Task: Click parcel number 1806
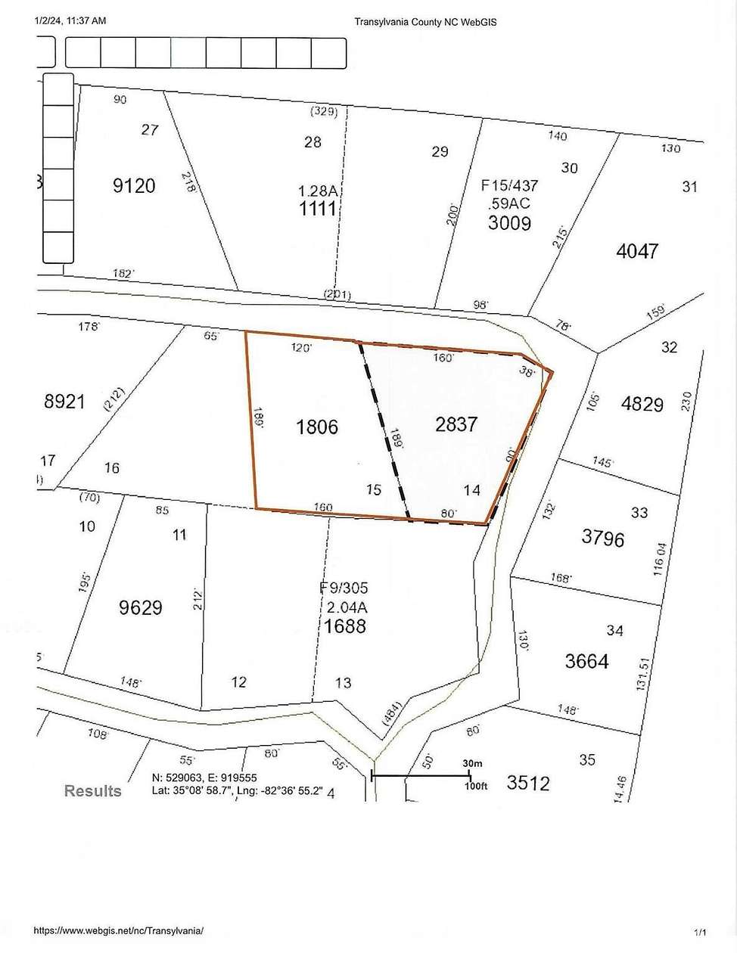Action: pos(317,427)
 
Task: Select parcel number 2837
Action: pos(456,424)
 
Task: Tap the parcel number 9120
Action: pos(134,185)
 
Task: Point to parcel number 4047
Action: pos(637,250)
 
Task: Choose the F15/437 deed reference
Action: pos(508,184)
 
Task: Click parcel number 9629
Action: pos(141,607)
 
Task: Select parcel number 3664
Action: pos(586,661)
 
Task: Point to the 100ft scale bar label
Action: pos(476,787)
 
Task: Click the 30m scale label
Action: pos(473,764)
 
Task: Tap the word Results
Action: pos(92,791)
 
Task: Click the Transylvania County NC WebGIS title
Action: pos(425,22)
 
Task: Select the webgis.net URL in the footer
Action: pos(117,932)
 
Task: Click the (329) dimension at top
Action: pos(323,111)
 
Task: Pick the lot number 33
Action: pos(639,513)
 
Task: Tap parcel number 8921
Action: pos(65,402)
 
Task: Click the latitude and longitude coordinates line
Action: pos(238,791)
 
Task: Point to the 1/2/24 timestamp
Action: pos(70,21)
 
